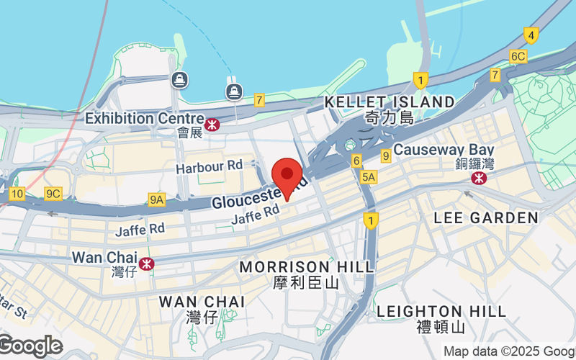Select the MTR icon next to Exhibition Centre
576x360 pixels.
(x=212, y=125)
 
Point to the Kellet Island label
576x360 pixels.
(x=390, y=102)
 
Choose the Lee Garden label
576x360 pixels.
(x=486, y=217)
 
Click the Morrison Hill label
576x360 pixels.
(x=307, y=267)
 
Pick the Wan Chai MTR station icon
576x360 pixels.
(x=146, y=264)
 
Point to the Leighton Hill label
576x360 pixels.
(x=441, y=311)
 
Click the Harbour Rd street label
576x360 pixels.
(x=210, y=166)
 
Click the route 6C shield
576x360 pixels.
(x=518, y=55)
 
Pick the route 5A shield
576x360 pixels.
(x=369, y=176)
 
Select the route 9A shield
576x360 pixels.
(x=157, y=199)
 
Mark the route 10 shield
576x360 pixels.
(x=17, y=193)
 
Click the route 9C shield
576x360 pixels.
(x=53, y=193)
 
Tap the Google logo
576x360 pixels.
(x=31, y=346)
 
